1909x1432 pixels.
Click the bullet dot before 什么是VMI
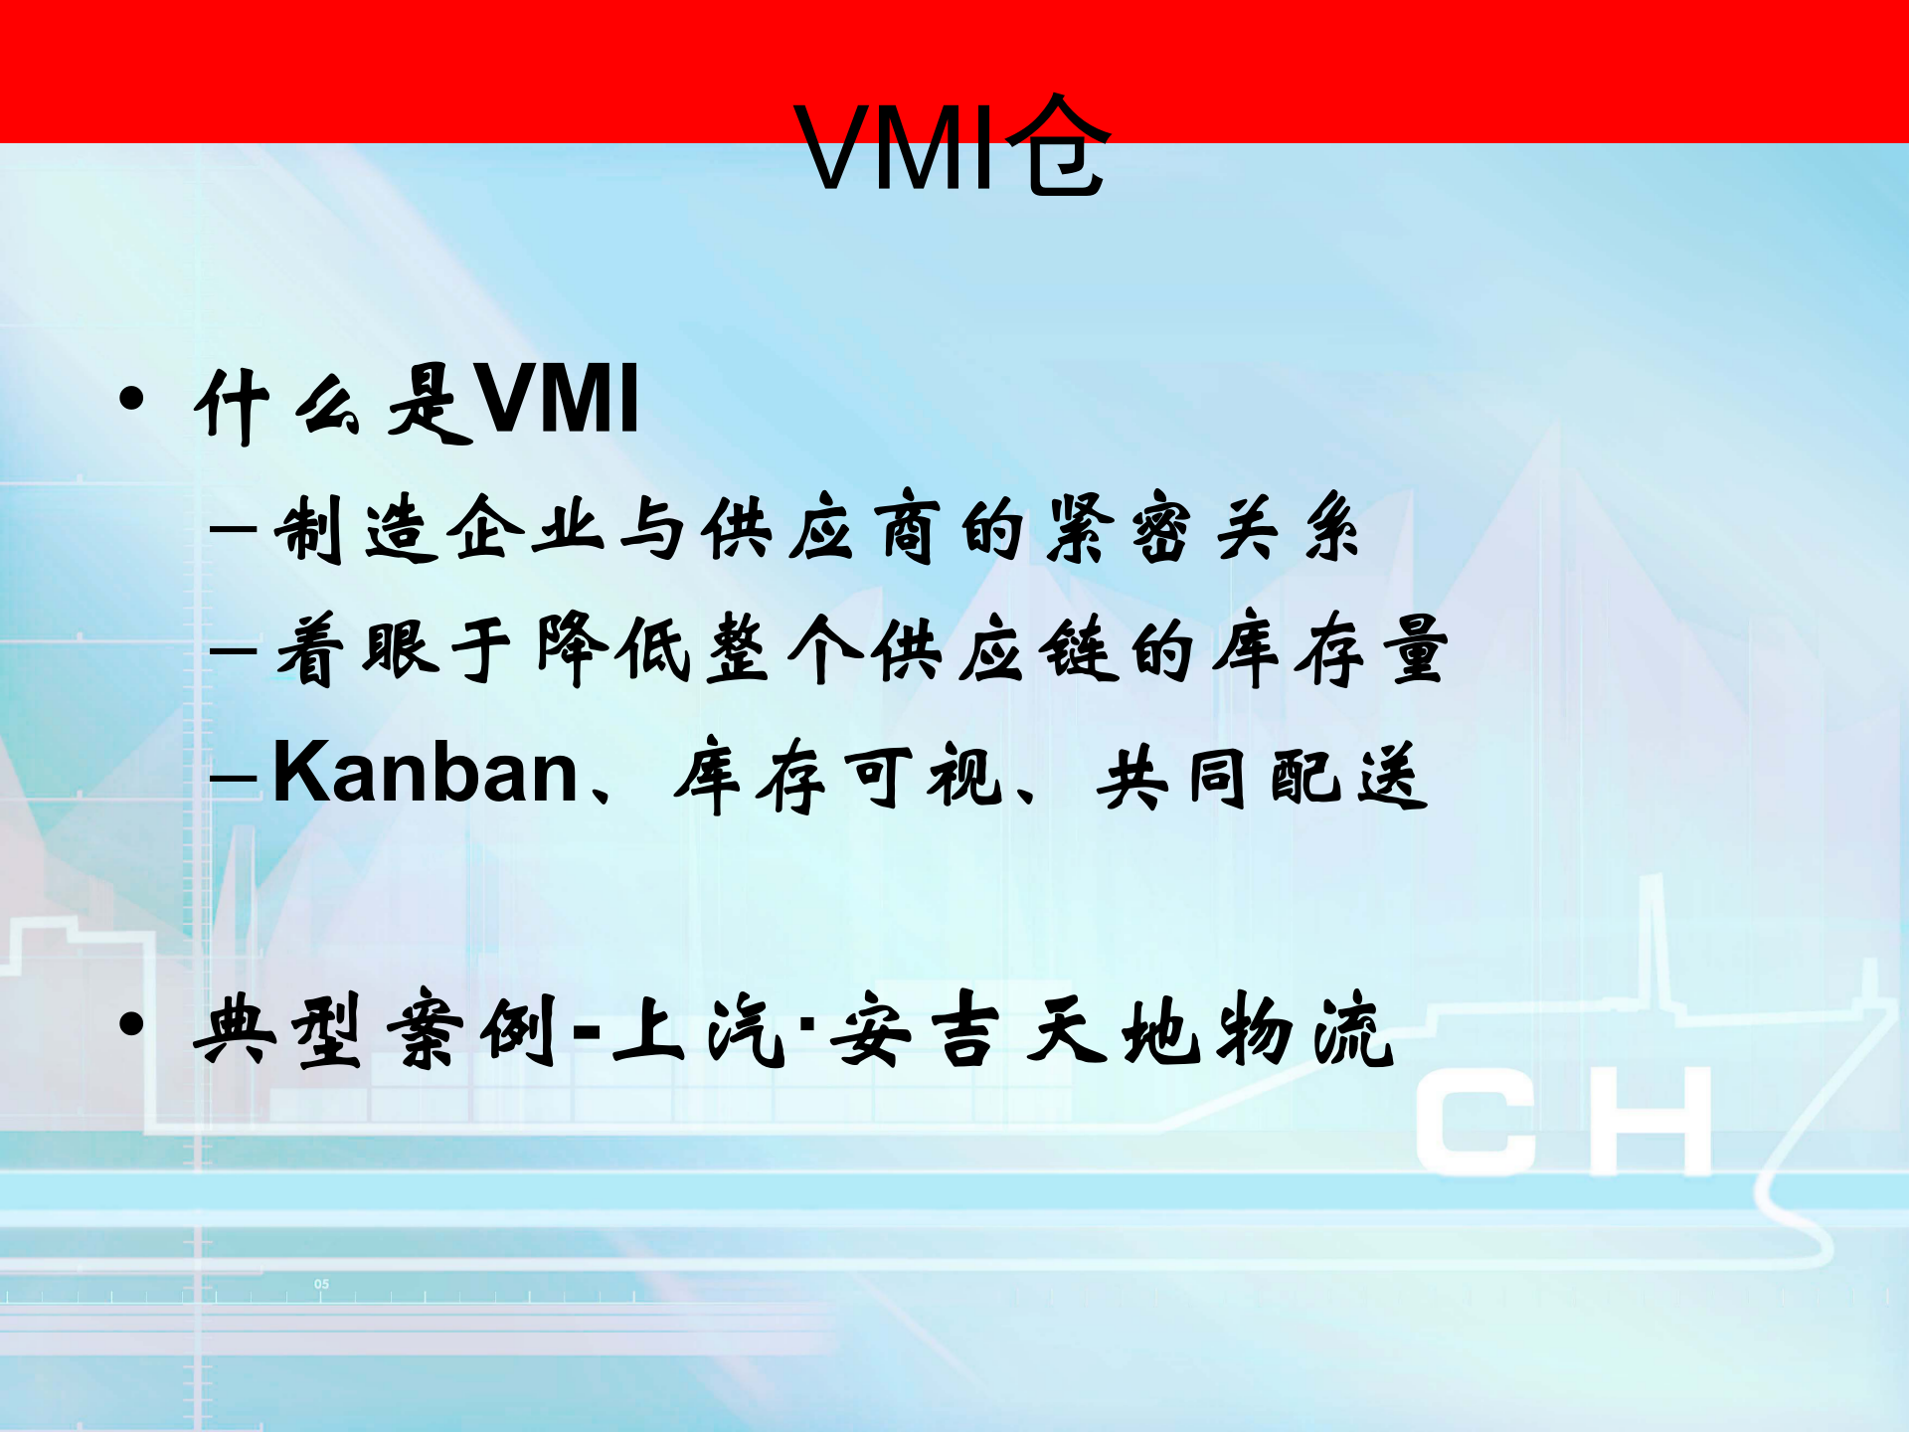pos(131,400)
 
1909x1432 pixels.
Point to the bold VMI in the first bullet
pos(557,400)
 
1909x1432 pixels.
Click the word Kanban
pos(426,774)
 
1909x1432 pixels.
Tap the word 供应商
pos(819,528)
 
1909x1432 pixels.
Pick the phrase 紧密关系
pos(1202,528)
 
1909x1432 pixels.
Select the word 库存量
pos(1329,650)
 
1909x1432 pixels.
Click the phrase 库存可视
pos(838,776)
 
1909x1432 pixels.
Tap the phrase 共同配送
pos(1262,776)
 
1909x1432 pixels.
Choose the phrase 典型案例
pos(376,1030)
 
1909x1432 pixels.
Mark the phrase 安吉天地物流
pos(1114,1030)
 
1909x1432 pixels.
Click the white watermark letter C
pos(1477,1124)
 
